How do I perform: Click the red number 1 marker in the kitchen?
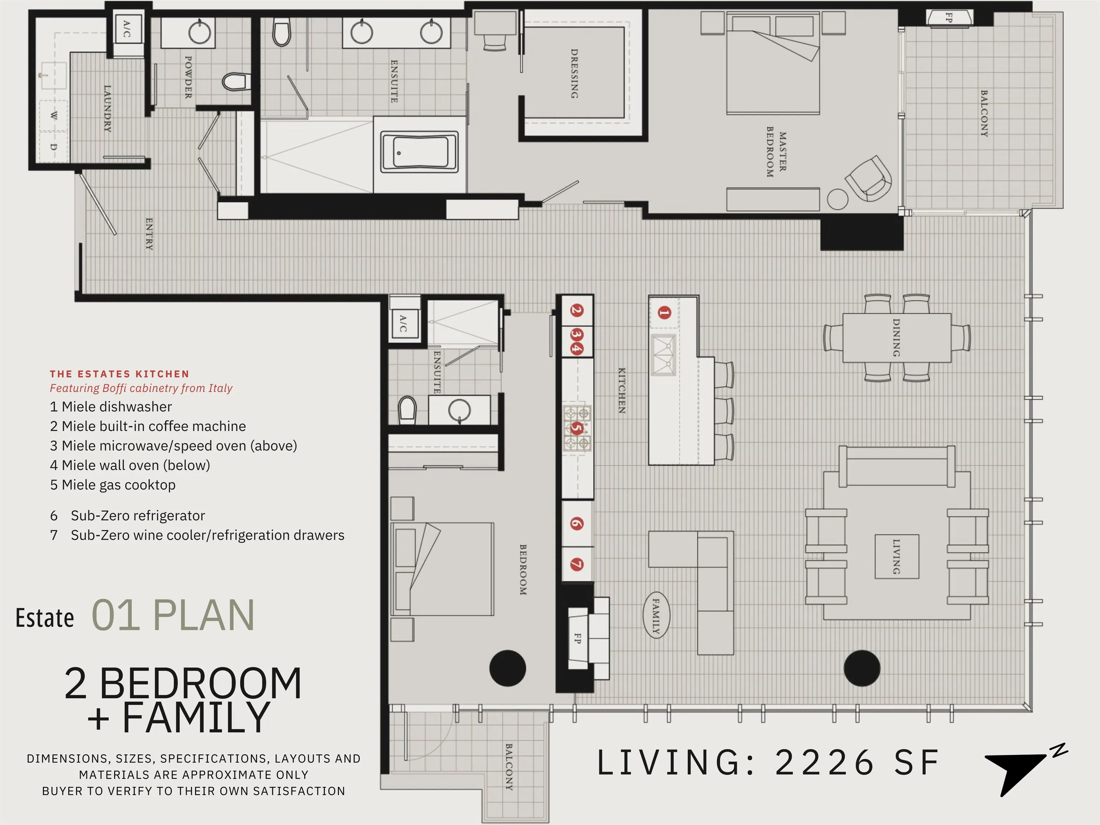[664, 313]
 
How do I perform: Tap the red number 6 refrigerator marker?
[577, 523]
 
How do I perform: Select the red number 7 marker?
[577, 564]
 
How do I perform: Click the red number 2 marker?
[577, 310]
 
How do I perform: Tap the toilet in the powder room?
[235, 82]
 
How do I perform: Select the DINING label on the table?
[896, 338]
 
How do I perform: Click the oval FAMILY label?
[656, 616]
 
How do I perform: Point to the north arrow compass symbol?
[1024, 770]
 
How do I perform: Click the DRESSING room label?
[574, 74]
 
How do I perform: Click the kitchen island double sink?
[664, 354]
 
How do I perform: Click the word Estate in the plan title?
[45, 618]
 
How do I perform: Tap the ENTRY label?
[149, 234]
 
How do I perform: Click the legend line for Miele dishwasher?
[111, 407]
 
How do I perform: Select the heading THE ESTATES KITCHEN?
[119, 374]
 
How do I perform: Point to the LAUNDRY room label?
[107, 108]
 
